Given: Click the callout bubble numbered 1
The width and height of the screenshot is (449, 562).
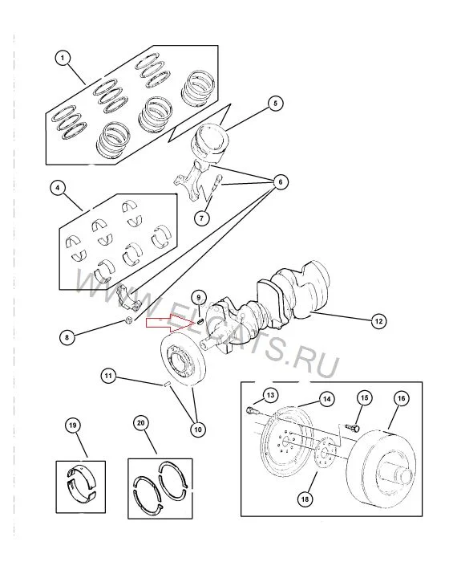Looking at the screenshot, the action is pos(63,58).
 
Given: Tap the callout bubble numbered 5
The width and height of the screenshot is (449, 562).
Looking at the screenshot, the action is pos(275,104).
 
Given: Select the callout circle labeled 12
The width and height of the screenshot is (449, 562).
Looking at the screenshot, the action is pos(378,321).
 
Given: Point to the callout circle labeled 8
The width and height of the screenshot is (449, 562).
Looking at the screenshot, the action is pos(67,337).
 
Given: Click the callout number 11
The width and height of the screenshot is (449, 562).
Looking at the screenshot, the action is pos(108,376).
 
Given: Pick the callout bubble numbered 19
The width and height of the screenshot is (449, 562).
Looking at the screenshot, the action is pos(73,426).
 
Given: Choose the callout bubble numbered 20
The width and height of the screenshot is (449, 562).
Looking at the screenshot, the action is pos(141,423).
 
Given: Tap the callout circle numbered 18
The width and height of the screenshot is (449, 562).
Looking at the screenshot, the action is pos(305,499).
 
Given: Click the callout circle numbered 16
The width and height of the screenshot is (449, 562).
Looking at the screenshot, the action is pos(402,398).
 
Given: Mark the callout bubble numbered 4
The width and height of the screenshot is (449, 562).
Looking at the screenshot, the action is pos(58,187).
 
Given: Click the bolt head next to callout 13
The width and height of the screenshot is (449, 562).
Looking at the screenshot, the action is pos(250,409).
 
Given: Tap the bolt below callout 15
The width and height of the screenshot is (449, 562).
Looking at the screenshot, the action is pos(352,427).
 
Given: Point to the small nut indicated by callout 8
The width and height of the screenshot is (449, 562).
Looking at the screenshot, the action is pos(130,320).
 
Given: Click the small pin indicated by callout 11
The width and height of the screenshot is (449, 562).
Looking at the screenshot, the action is pos(166,385).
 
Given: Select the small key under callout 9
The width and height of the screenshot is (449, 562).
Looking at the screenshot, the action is pos(200,320).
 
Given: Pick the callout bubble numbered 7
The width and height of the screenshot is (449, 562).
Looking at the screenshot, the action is pos(202,218).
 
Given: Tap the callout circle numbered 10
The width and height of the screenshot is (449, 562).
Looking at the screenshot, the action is pos(198,429).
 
